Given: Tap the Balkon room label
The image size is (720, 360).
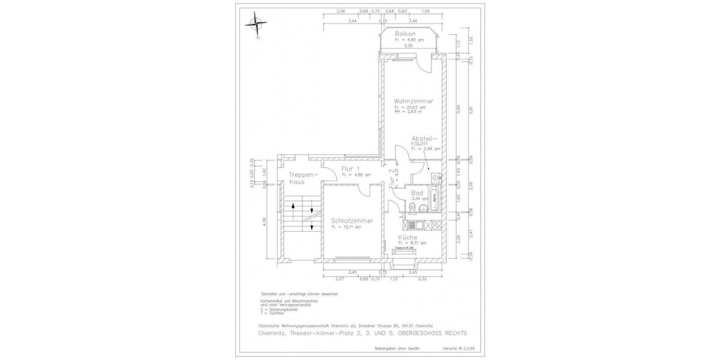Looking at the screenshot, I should click(x=406, y=34).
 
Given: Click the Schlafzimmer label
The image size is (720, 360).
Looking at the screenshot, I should click(x=352, y=221).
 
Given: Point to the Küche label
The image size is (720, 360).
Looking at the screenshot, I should click(x=407, y=238).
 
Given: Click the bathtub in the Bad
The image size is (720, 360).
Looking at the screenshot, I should click(x=436, y=195).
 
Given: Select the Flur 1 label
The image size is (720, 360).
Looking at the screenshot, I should click(x=350, y=169).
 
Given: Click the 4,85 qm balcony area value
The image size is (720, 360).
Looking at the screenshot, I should click(x=413, y=40).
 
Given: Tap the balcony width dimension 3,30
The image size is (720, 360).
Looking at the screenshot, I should click(x=409, y=46).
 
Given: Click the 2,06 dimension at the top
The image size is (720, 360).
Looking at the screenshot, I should click(x=341, y=12).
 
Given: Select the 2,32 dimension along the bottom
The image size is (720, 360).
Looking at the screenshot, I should click(x=424, y=279).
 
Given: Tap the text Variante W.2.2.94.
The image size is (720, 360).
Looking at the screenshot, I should click(x=470, y=349).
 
